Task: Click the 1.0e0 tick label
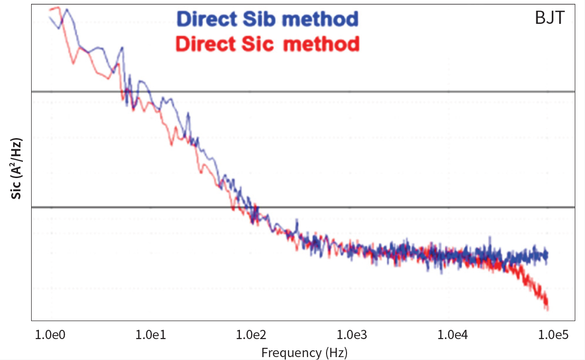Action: (x=49, y=335)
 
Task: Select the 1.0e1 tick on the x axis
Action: (x=149, y=335)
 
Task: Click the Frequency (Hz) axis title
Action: (x=304, y=352)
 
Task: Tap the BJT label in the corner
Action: (x=549, y=18)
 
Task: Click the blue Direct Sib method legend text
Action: (x=268, y=19)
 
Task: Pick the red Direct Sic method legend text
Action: (x=268, y=44)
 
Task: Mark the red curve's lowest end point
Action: (x=547, y=308)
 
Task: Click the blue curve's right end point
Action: (x=547, y=254)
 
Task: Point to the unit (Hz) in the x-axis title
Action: (x=335, y=352)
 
